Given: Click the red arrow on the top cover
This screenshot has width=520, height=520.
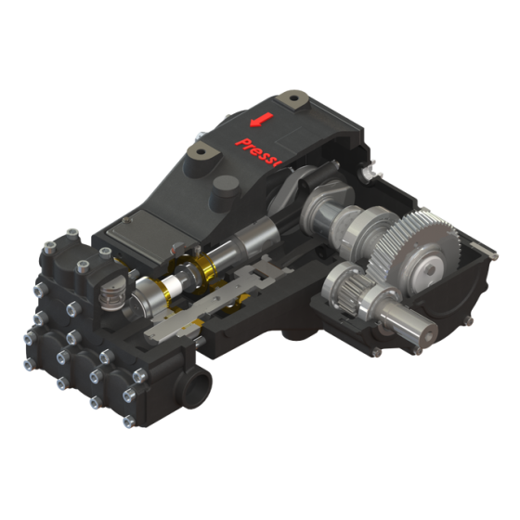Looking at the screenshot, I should pos(262,121).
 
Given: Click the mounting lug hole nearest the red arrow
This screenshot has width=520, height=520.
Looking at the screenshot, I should pos(294,95).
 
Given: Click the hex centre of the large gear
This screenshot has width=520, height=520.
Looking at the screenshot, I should pos(429,271).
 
